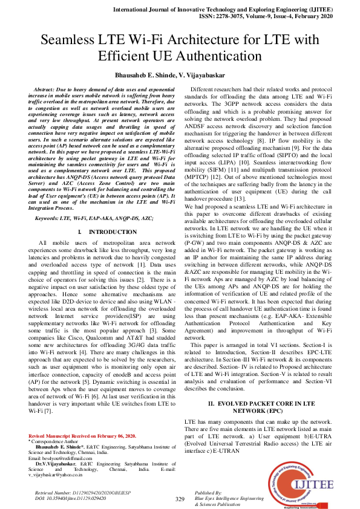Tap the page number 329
180,499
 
